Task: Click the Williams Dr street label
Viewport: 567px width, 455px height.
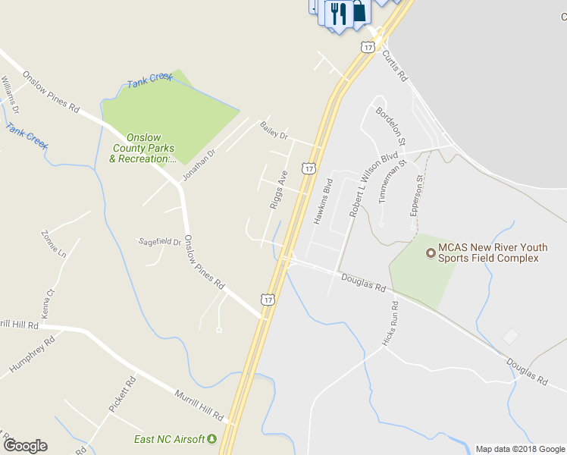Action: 10,94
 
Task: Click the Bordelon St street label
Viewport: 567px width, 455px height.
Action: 391,126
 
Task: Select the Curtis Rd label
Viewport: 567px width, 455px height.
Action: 394,66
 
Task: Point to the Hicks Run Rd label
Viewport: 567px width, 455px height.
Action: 392,323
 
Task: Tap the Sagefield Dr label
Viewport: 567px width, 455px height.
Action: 160,242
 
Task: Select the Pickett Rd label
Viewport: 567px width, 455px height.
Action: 121,393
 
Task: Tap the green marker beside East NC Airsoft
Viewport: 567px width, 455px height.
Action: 212,439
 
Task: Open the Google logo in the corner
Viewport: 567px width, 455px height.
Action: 25,446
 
